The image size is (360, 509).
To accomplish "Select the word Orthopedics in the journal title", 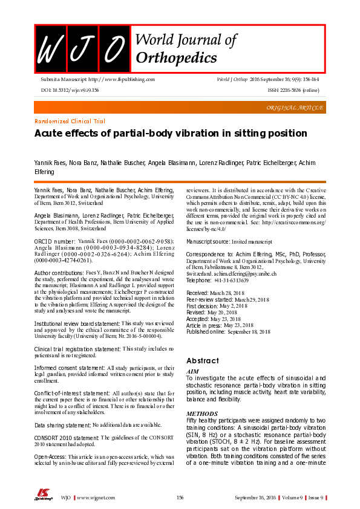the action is click(x=176, y=58).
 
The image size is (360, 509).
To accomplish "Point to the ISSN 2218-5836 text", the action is click(x=293, y=89).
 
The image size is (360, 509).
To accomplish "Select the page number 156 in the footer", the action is click(x=180, y=498).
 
